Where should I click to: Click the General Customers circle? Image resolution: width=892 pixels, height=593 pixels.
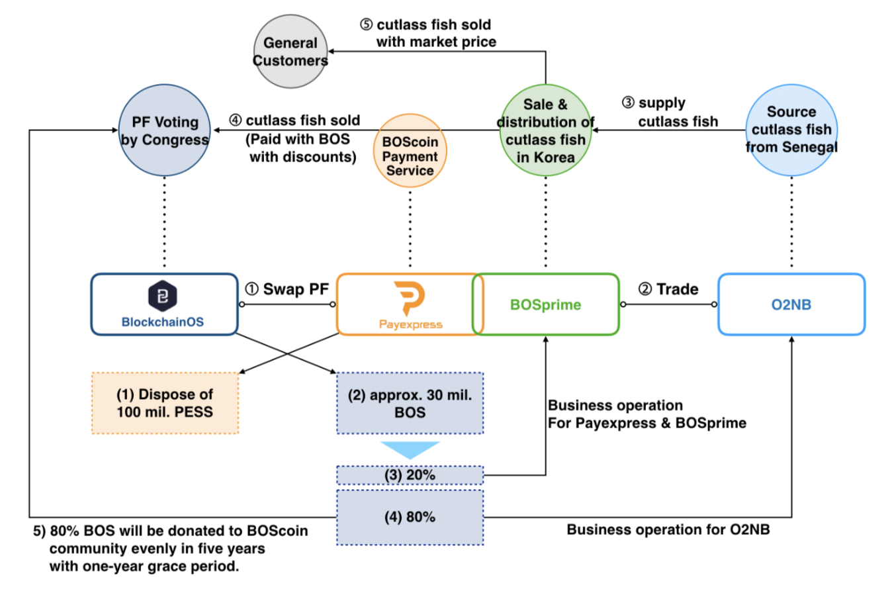(x=291, y=52)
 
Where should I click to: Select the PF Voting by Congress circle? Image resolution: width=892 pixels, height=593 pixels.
(x=165, y=130)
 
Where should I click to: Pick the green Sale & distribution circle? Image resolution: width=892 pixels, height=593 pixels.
(x=546, y=130)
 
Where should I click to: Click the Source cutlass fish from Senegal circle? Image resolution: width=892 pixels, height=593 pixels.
(x=791, y=130)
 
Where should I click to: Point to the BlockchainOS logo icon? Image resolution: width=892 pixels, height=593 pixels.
(x=163, y=296)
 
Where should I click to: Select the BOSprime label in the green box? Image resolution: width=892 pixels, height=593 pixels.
(x=545, y=305)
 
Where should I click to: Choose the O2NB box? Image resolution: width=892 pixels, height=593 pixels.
(x=791, y=304)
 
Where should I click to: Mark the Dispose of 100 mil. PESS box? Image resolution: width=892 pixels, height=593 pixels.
(x=165, y=402)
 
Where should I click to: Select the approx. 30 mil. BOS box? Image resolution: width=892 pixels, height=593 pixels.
(x=410, y=402)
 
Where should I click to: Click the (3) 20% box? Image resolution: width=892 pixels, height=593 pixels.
(x=410, y=475)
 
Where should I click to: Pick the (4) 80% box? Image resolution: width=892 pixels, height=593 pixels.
(x=410, y=517)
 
